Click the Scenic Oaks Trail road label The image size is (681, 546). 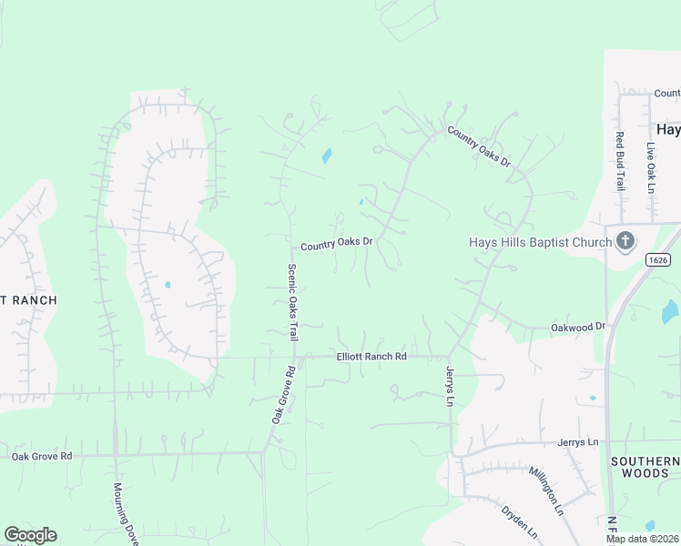(292, 303)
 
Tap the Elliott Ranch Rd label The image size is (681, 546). (371, 357)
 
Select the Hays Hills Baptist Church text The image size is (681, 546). (539, 242)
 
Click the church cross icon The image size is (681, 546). (625, 241)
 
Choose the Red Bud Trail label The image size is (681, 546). (619, 162)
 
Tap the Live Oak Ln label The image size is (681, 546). (651, 167)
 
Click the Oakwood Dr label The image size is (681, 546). (578, 326)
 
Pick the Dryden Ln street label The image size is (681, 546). (519, 521)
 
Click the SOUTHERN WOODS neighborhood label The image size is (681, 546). (645, 467)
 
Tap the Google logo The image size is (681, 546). (30, 535)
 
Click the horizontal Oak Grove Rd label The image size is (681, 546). (41, 455)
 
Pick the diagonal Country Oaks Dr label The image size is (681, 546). (479, 146)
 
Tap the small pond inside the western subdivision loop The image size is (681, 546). (167, 285)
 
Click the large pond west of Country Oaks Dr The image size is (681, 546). (327, 156)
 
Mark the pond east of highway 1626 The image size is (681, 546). (670, 312)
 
